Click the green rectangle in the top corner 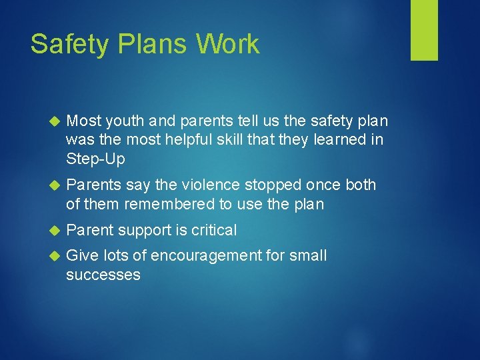coord(424,30)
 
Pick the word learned coord(351,139)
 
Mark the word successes coord(103,275)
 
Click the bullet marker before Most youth coord(55,121)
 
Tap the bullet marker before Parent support coord(55,231)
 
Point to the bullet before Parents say coord(55,185)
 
